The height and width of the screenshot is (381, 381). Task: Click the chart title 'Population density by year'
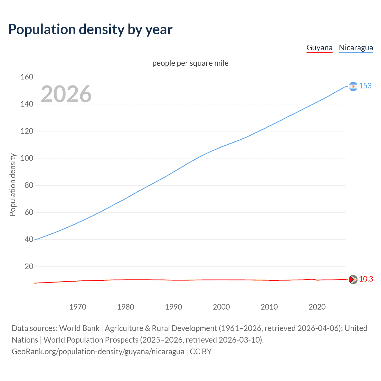pyautogui.click(x=90, y=29)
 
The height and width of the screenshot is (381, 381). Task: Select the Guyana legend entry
pyautogui.click(x=319, y=48)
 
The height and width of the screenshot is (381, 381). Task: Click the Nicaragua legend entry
pyautogui.click(x=356, y=48)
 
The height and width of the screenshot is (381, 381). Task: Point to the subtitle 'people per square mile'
pyautogui.click(x=190, y=63)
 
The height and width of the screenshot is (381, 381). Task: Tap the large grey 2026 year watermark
pyautogui.click(x=66, y=94)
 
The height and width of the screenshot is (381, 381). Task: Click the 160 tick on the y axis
pyautogui.click(x=27, y=77)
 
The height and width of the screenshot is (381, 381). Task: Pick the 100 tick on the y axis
pyautogui.click(x=27, y=158)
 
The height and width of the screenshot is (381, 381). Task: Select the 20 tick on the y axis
pyautogui.click(x=29, y=266)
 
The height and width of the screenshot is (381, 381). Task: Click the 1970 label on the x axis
pyautogui.click(x=78, y=307)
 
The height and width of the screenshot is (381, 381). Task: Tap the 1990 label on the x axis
pyautogui.click(x=174, y=307)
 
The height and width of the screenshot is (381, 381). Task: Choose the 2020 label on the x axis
pyautogui.click(x=317, y=307)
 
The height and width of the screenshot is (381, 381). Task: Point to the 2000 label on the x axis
pyautogui.click(x=221, y=307)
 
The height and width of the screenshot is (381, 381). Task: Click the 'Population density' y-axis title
pyautogui.click(x=13, y=185)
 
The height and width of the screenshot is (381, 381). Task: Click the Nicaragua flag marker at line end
pyautogui.click(x=353, y=86)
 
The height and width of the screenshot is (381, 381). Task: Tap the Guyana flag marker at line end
pyautogui.click(x=353, y=279)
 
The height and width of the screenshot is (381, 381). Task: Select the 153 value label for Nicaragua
pyautogui.click(x=365, y=86)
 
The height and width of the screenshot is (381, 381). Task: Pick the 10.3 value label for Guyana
pyautogui.click(x=366, y=279)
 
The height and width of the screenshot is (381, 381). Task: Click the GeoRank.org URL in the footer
pyautogui.click(x=98, y=352)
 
